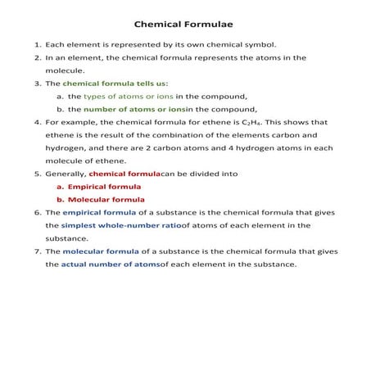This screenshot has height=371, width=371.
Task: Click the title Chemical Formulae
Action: coord(184,25)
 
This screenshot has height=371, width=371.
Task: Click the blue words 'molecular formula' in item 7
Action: coord(102,251)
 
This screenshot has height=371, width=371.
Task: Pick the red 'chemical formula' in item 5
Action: coord(124,174)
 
